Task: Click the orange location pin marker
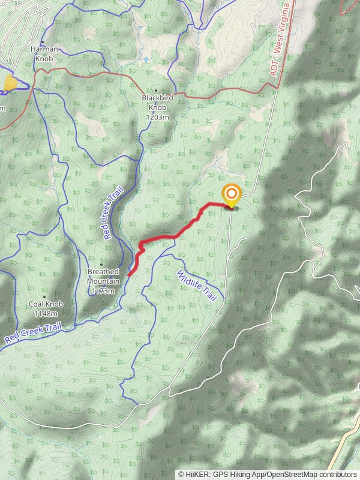[231, 195]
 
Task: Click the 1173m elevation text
[103, 291]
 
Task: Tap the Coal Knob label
[46, 304]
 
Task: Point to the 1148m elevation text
[46, 313]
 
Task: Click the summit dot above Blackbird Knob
[156, 91]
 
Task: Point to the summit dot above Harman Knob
[43, 43]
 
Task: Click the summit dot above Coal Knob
[45, 296]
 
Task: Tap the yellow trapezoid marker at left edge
[10, 83]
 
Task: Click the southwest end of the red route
[129, 274]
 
